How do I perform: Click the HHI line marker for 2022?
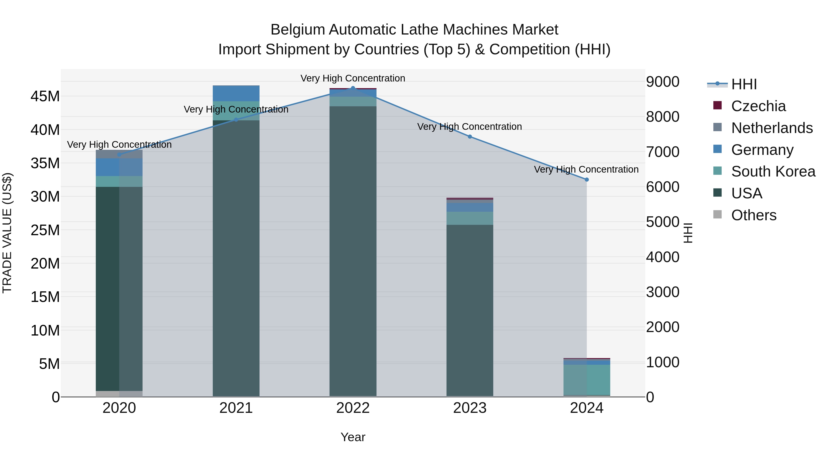(x=353, y=88)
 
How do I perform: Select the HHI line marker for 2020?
(x=119, y=155)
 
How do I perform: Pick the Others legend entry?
(x=753, y=215)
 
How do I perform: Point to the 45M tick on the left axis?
(x=45, y=96)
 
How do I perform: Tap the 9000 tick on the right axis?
(x=662, y=82)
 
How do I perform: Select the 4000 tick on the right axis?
(x=662, y=257)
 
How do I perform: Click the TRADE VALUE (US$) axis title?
(x=7, y=233)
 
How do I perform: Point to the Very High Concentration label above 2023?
(x=470, y=127)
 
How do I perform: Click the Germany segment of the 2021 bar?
(x=236, y=93)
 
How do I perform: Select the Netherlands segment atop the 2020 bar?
(x=119, y=154)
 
